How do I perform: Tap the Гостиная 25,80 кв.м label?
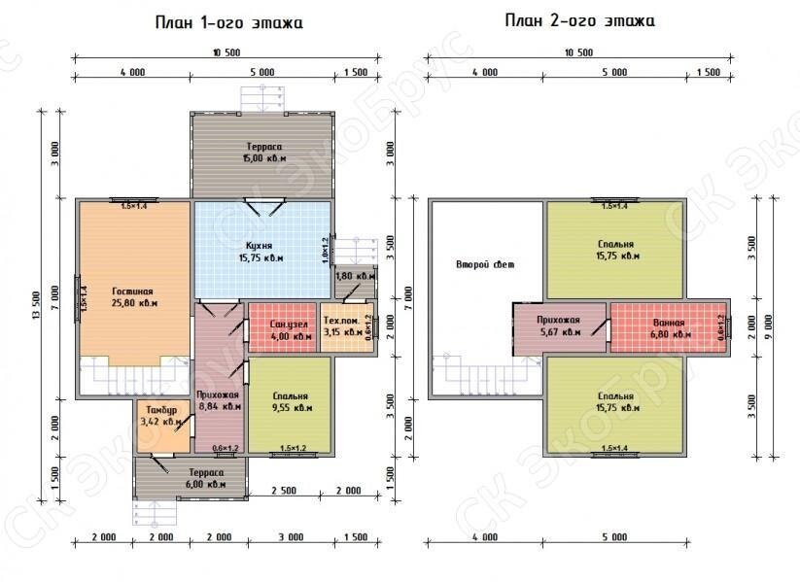132,296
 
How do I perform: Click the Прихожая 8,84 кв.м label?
219,401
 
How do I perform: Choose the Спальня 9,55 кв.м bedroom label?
291,402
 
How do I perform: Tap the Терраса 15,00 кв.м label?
263,151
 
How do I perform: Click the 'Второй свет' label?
483,264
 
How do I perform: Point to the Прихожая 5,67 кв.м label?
558,325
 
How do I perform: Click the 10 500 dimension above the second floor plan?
577,52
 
